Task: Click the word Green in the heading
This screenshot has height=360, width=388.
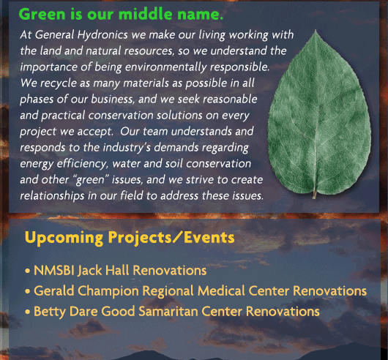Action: pos(42,14)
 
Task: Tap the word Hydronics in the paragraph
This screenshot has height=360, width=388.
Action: pos(102,35)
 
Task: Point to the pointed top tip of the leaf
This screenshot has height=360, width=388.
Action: pos(316,30)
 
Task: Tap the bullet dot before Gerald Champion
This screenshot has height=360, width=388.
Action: pos(28,291)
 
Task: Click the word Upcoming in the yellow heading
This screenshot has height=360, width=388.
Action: pos(64,238)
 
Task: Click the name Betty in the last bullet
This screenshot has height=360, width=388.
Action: pos(50,312)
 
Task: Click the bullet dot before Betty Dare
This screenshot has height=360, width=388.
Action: pos(28,312)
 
